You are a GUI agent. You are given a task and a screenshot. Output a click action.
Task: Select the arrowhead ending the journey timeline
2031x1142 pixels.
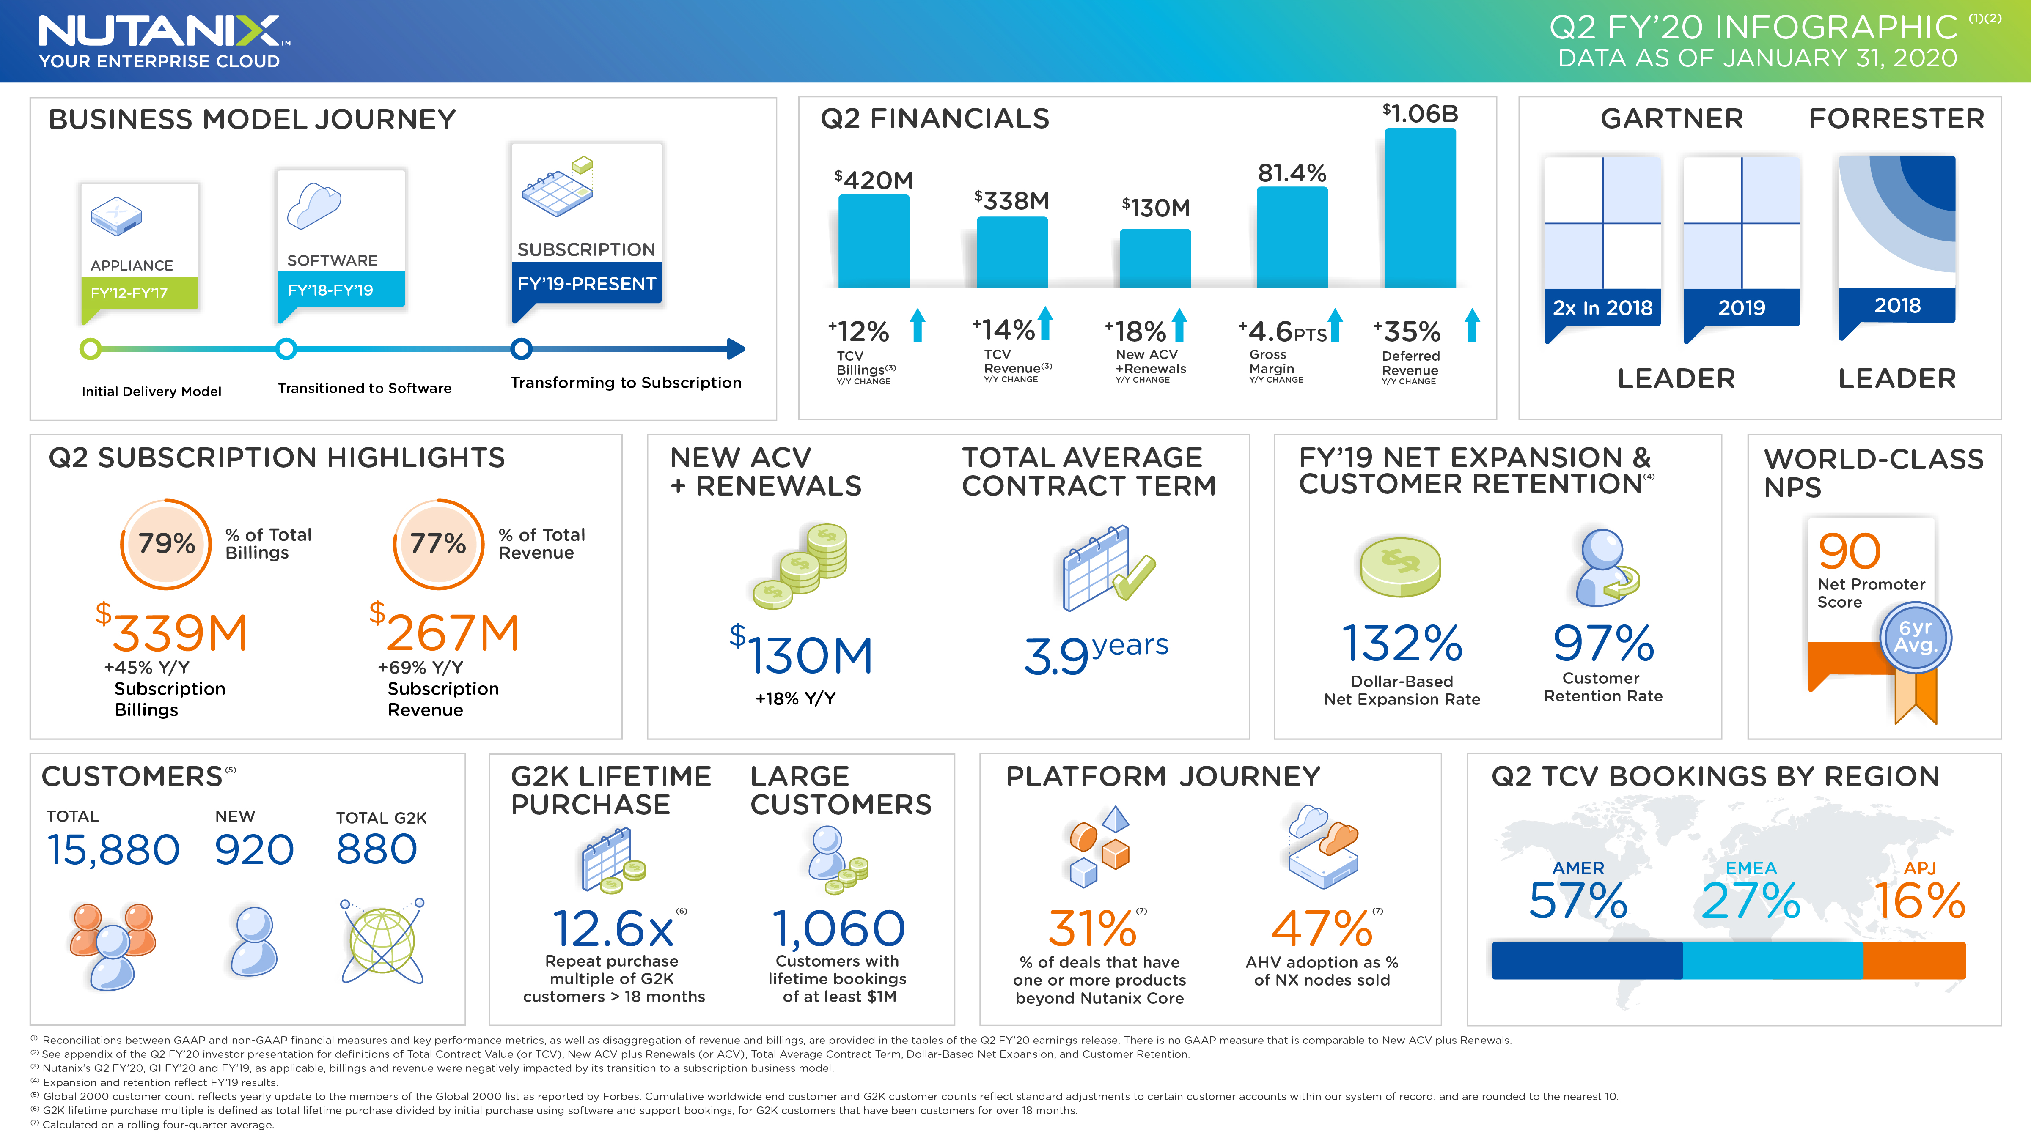point(736,348)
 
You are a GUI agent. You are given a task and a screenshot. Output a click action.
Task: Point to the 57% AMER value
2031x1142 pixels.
point(1578,901)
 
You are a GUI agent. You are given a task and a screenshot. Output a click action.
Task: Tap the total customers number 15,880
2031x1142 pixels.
point(113,849)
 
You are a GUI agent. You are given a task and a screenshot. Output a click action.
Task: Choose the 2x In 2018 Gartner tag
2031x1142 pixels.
point(1602,307)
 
